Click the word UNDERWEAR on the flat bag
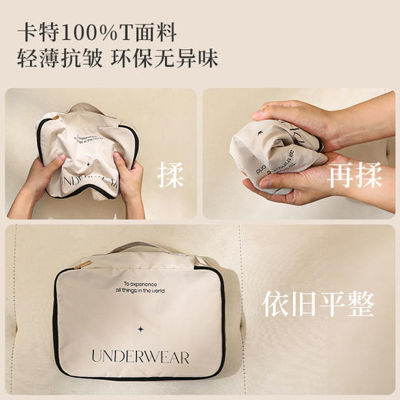tap(139, 356)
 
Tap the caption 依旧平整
tap(318, 305)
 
